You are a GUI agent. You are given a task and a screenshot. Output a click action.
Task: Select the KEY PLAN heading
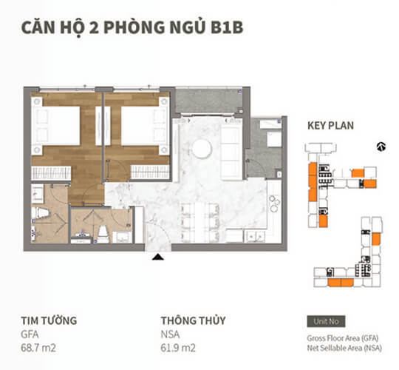[330, 126]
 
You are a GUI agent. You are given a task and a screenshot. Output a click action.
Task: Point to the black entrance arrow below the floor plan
[157, 257]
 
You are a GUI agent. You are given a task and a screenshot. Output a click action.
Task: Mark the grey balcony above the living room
[202, 101]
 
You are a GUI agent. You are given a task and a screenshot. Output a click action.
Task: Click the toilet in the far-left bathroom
[44, 215]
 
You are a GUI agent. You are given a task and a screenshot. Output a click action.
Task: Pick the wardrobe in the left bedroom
[52, 173]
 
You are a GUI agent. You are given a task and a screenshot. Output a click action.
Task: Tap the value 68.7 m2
[39, 347]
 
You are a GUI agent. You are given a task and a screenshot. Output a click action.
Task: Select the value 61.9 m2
[180, 347]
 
